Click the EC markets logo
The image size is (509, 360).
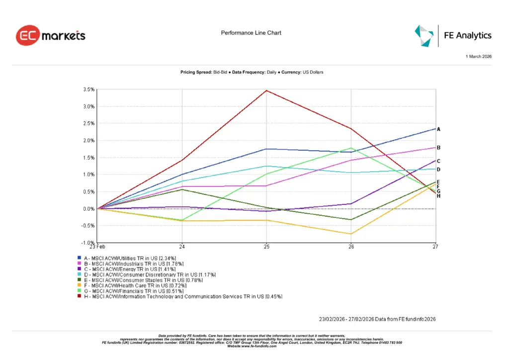click(x=51, y=36)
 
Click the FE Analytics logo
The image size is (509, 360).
click(x=453, y=35)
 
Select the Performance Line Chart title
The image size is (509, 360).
click(x=251, y=33)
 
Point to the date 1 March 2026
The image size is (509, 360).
click(x=478, y=57)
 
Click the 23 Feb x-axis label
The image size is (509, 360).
click(x=97, y=247)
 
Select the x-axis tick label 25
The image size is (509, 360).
click(x=266, y=247)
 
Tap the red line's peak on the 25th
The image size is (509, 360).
click(x=266, y=90)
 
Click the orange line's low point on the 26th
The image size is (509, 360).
click(x=351, y=234)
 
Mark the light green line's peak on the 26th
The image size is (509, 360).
click(x=351, y=148)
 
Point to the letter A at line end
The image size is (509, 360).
click(x=438, y=129)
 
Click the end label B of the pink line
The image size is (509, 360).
click(x=438, y=148)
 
